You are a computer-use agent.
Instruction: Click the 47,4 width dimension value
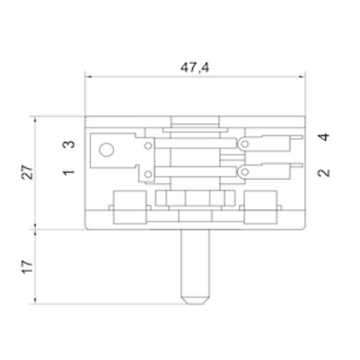[195, 67]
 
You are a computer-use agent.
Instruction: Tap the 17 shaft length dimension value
[28, 266]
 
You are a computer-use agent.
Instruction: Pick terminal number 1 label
[69, 172]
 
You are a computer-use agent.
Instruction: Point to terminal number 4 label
[324, 137]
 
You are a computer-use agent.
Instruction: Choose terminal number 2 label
[324, 172]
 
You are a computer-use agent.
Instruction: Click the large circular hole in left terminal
[107, 150]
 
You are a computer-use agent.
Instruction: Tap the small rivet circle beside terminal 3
[148, 146]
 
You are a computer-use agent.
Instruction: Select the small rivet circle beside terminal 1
[148, 175]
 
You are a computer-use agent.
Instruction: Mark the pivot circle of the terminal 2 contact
[245, 172]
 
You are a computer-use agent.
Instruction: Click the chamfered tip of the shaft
[195, 300]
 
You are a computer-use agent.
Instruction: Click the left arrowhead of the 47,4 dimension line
[87, 77]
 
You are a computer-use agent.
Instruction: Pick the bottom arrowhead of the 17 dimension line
[35, 301]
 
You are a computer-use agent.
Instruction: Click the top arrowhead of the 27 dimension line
[35, 119]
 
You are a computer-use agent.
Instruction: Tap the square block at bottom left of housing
[130, 207]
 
